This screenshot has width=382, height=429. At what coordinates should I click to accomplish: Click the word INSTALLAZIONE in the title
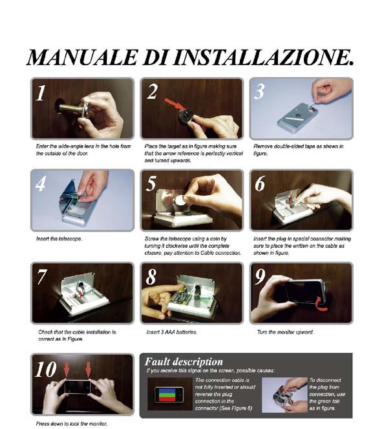[x=262, y=57]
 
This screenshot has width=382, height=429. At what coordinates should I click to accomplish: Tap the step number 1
[x=41, y=93]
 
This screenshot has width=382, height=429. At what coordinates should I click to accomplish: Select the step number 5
[x=151, y=183]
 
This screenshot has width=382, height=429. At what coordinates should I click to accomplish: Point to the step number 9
[x=260, y=276]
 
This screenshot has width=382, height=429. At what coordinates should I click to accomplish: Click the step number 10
[x=46, y=370]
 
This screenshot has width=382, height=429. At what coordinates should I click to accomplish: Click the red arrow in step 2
[x=175, y=105]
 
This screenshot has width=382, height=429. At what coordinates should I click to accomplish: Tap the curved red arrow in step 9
[x=321, y=303]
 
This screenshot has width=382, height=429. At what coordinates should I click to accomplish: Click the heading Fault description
[x=184, y=362]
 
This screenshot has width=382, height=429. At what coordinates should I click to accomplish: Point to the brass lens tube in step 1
[x=70, y=108]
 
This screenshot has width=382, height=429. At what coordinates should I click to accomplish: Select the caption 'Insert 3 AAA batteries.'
[x=172, y=332]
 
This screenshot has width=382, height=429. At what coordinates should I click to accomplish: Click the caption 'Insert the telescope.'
[x=59, y=239]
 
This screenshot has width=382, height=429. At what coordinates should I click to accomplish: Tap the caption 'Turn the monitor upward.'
[x=285, y=332]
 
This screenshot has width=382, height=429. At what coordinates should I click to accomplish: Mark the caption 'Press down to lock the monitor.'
[x=72, y=424]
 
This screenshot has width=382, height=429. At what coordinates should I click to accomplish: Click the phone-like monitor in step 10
[x=78, y=387]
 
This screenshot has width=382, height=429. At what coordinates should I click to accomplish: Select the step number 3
[x=259, y=92]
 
